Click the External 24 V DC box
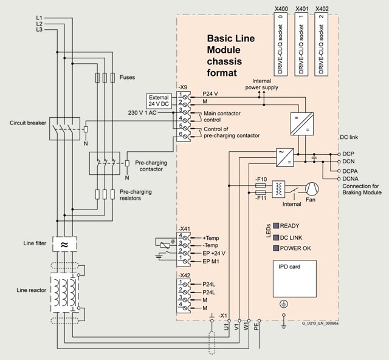point(159,101)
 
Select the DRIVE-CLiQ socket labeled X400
point(281,44)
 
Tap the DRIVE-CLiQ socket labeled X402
point(322,44)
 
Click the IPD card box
point(294,279)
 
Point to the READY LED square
point(276,226)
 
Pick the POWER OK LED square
point(276,248)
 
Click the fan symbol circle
point(312,189)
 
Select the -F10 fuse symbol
point(261,186)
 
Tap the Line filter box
point(64,244)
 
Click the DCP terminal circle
point(339,154)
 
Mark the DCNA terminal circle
point(339,178)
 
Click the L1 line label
point(39,18)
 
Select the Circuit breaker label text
point(28,123)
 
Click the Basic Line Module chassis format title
point(231,55)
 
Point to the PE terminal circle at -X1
point(260,321)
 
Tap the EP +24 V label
point(214,254)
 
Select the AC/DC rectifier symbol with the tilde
point(285,157)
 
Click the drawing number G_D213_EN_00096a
point(320,323)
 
